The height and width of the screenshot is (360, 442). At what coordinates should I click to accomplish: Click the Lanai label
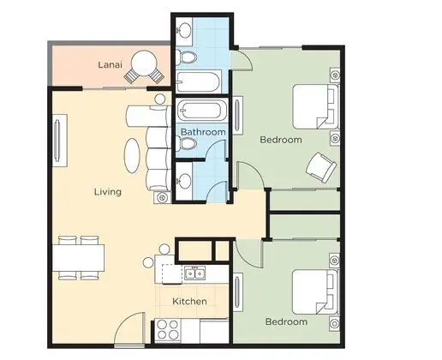click(110, 64)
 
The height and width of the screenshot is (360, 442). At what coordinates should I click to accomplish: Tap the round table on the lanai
click(144, 63)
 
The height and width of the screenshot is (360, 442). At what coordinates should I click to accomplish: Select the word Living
click(108, 192)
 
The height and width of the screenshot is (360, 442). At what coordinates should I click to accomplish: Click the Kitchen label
click(189, 301)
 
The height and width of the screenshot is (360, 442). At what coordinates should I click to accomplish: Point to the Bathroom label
click(203, 132)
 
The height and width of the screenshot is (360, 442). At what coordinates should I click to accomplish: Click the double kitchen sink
click(195, 273)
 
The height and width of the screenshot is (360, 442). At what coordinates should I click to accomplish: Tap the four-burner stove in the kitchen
click(168, 330)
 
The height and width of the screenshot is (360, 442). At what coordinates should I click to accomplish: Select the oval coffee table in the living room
click(132, 155)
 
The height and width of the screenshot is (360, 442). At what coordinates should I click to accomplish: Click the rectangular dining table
click(78, 258)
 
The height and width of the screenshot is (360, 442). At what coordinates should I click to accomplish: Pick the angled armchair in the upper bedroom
click(321, 167)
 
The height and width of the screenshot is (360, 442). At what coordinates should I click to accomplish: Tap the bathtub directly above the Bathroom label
click(201, 111)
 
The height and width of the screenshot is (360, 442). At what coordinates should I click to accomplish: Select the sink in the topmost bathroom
click(184, 29)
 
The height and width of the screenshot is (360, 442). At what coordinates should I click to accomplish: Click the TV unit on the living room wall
click(60, 141)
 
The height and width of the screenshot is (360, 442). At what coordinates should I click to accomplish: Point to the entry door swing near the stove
click(129, 328)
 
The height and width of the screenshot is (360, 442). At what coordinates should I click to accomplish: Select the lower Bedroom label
click(286, 321)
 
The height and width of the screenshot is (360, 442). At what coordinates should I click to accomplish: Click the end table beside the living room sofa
click(163, 197)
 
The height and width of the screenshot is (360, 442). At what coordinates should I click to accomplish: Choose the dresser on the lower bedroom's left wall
click(238, 292)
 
